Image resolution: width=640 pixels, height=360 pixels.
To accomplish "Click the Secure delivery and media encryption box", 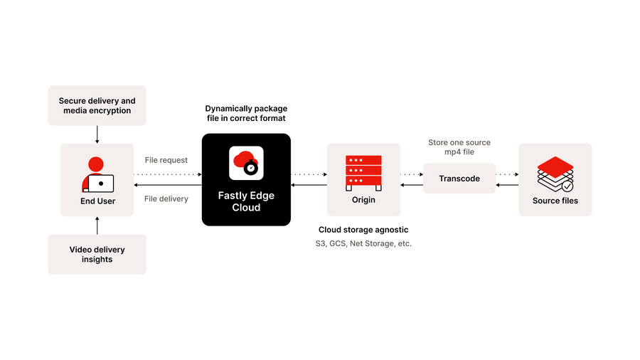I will [97, 106].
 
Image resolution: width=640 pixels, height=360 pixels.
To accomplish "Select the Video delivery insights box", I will [97, 255].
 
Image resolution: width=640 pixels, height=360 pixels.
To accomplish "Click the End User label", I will [97, 201].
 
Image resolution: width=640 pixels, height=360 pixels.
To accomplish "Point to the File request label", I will [166, 161].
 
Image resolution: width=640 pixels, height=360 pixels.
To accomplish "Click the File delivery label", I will [166, 199].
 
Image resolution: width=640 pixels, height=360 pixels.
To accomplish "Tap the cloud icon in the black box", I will [246, 163].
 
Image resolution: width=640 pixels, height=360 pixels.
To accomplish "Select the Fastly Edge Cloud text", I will [246, 201].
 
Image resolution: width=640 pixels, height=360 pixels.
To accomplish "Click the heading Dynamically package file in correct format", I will [245, 113].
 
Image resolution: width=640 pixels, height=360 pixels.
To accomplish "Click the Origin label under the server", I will [363, 200].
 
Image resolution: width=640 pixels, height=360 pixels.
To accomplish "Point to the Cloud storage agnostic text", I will [363, 230].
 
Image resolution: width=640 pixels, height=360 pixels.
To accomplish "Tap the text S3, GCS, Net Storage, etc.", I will [363, 243].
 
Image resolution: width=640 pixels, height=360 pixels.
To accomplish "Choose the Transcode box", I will [459, 179].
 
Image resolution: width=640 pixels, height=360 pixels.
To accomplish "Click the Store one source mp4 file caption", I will [459, 147].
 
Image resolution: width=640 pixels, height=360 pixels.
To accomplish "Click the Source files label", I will [555, 201].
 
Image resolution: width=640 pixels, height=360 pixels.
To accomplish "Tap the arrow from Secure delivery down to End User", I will [97, 133].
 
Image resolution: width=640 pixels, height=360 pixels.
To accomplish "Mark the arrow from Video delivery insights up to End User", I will [97, 226].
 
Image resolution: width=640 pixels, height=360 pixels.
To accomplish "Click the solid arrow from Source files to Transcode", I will [507, 185].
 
